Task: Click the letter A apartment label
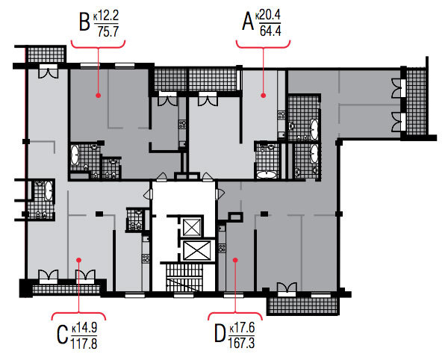[x=248, y=22]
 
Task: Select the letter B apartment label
[x=84, y=22]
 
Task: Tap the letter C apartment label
[x=62, y=335]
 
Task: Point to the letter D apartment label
[x=220, y=334]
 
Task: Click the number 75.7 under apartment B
[x=108, y=31]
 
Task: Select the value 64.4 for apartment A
[x=270, y=31]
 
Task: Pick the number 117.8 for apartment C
[x=84, y=344]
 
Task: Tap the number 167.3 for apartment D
[x=241, y=343]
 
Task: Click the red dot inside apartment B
[x=99, y=96]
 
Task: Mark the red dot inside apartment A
[x=263, y=96]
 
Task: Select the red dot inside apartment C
[x=79, y=260]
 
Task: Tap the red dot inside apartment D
[x=235, y=260]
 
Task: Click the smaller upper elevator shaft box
[x=192, y=227]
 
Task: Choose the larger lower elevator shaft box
[x=196, y=250]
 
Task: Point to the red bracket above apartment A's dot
[x=263, y=45]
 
